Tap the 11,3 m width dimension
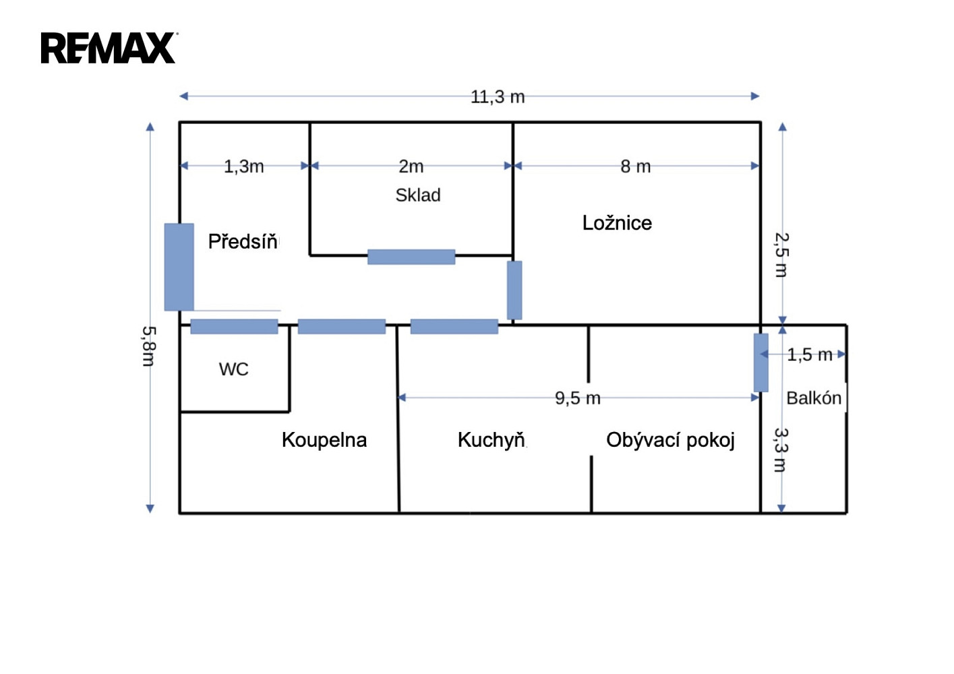[498, 97]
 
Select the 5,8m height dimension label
[149, 346]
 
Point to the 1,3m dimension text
[244, 166]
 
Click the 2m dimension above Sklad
[411, 166]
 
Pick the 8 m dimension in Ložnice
[635, 166]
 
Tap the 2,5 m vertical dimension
[782, 255]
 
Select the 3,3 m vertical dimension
[781, 450]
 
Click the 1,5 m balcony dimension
[810, 355]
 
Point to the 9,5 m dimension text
[578, 398]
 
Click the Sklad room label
[418, 195]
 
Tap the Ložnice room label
[617, 222]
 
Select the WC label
[234, 369]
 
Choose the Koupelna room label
[324, 440]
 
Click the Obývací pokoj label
[671, 441]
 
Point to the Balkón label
[814, 398]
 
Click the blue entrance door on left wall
[179, 267]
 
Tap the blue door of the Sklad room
[411, 257]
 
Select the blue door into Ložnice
[514, 290]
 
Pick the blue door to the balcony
[761, 363]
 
